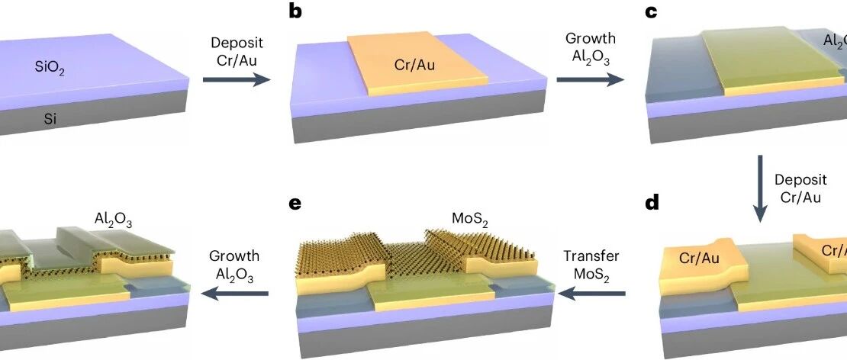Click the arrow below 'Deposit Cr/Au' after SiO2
tap(237, 77)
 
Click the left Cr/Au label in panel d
tap(698, 259)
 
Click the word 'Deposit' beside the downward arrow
tap(800, 180)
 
